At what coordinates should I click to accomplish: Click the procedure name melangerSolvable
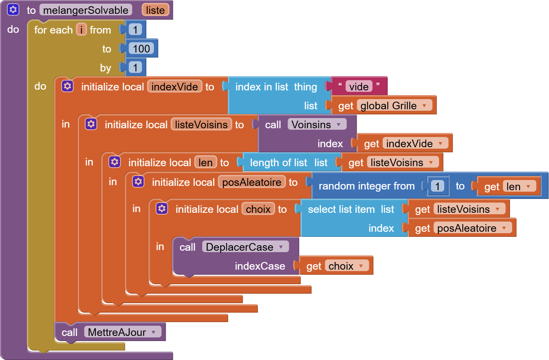coord(86,10)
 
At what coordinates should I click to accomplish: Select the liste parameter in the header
coord(155,10)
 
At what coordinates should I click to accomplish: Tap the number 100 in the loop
coord(141,48)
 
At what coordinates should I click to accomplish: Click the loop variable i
coord(81,30)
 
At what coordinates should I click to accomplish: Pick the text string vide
coord(359,86)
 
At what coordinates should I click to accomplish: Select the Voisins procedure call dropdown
coord(339,125)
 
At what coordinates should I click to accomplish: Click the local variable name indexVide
coord(174,87)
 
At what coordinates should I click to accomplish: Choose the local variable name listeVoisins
coord(201,125)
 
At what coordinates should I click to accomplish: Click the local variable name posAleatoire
coord(252,182)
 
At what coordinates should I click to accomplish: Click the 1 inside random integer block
coord(437,186)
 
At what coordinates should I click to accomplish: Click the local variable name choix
coord(258,209)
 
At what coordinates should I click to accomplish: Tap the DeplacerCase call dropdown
coord(281,247)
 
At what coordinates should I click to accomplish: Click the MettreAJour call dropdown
coord(154,332)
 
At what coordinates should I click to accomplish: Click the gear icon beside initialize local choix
coord(162,209)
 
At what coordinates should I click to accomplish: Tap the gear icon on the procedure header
coord(13,10)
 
